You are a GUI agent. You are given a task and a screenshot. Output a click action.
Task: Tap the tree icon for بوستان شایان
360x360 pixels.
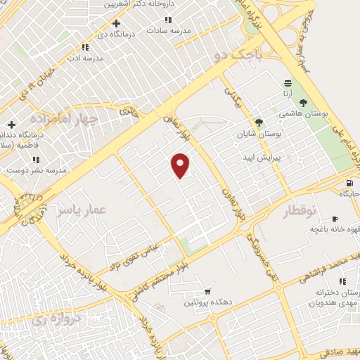pos(259,122)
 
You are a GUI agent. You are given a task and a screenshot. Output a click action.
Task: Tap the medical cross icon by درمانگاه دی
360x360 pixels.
pos(116,22)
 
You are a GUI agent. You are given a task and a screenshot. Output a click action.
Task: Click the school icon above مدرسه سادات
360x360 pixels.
pos(167,20)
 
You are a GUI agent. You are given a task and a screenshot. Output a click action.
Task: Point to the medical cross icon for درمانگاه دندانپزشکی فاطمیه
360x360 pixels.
pos(11,124)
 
